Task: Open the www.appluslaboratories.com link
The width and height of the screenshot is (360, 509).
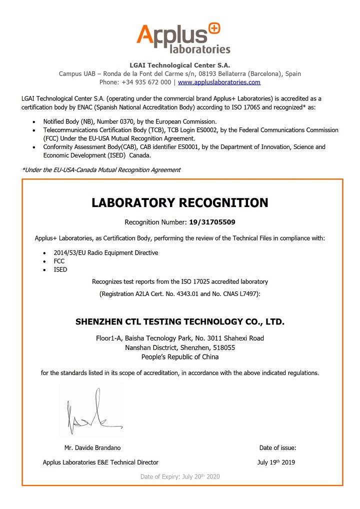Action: click(x=219, y=82)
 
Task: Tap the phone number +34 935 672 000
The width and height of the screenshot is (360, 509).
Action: click(x=148, y=82)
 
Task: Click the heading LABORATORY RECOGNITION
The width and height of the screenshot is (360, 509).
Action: click(x=180, y=203)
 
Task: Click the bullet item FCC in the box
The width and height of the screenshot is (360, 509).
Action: click(x=59, y=261)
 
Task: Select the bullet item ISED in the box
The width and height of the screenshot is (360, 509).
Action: click(x=60, y=269)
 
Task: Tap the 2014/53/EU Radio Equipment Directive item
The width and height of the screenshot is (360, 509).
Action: click(x=106, y=252)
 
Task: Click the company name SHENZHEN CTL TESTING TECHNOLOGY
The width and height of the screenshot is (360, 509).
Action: click(x=180, y=321)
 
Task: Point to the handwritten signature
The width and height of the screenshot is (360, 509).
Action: click(x=90, y=413)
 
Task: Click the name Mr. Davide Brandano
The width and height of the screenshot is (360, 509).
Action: click(x=92, y=447)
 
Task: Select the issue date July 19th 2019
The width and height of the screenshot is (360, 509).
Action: click(x=276, y=462)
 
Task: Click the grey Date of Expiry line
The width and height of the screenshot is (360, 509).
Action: click(x=180, y=476)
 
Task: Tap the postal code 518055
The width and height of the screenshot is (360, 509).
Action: click(x=225, y=347)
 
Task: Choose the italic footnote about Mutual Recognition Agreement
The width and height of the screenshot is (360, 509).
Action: click(x=101, y=170)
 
